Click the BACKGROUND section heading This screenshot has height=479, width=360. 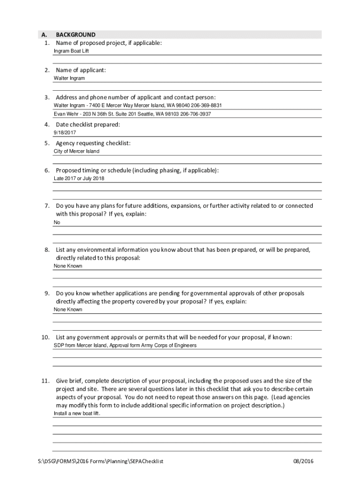pos(75,35)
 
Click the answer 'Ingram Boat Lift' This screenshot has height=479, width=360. pos(71,51)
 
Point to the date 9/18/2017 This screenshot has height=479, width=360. pos(65,133)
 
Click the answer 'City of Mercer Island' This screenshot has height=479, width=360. pos(77,152)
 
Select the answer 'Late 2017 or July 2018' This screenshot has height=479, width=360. pos(79,179)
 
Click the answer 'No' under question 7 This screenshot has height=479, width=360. pos(57,223)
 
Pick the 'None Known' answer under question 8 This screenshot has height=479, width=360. pos(68,266)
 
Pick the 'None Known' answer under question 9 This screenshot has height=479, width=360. pos(68,310)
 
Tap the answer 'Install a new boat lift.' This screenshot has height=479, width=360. pos(77,414)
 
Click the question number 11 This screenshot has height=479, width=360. pos(45,381)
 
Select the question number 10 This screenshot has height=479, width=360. pos(45,337)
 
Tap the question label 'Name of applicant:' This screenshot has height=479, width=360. pos(81,70)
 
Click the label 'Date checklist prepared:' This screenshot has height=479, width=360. pos(88,124)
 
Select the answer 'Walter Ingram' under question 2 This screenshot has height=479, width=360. pos(69,78)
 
